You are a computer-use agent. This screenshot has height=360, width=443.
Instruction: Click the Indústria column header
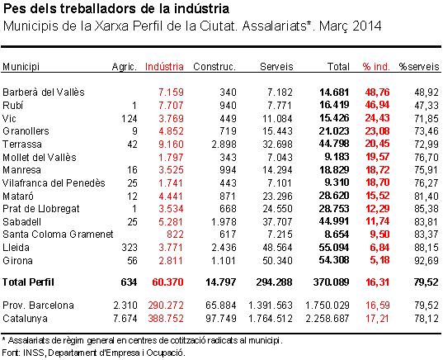[164, 67]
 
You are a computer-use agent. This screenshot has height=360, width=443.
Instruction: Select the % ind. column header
[376, 67]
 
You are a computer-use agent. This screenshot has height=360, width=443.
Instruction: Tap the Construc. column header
[214, 67]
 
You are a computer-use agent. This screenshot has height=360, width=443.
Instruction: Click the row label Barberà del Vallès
[44, 92]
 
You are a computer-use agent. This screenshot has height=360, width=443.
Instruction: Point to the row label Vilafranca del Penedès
[54, 183]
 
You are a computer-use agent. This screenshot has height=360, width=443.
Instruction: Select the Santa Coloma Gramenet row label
[58, 234]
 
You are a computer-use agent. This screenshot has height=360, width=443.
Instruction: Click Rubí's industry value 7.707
[171, 106]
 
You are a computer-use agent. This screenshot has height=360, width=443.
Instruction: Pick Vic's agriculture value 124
[130, 119]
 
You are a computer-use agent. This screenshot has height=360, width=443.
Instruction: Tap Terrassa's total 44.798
[334, 144]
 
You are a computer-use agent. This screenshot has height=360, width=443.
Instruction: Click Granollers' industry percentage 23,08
[377, 131]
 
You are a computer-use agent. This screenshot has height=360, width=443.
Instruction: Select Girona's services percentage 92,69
[427, 260]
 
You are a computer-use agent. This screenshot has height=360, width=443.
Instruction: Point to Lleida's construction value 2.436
[224, 248]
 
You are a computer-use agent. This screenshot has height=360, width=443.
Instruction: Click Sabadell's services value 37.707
[277, 221]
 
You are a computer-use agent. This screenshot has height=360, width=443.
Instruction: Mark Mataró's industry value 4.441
[171, 196]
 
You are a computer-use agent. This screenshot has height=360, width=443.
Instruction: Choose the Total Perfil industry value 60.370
[167, 282]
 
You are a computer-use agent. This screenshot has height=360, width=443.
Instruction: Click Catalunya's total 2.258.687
[328, 319]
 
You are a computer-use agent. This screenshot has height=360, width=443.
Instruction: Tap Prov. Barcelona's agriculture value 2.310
[125, 306]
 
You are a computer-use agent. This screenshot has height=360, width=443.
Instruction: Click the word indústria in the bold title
[201, 9]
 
